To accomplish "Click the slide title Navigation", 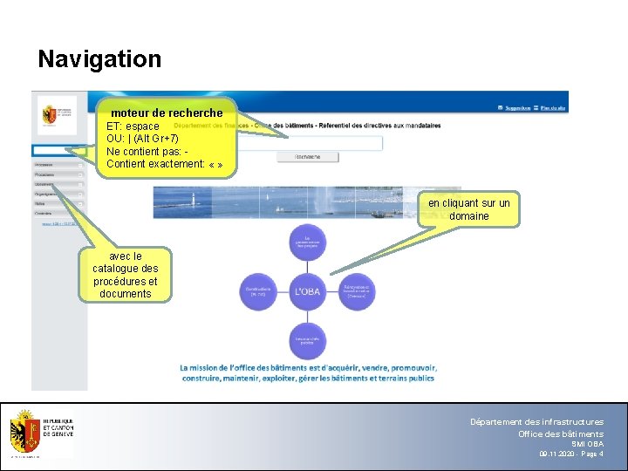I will tap(99, 59).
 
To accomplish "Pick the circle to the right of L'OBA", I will tap(356, 291).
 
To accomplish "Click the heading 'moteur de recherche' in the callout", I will tap(167, 113).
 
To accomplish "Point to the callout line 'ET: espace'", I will tap(133, 126).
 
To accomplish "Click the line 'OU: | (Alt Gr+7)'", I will tap(142, 139).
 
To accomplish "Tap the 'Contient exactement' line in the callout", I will tap(164, 164).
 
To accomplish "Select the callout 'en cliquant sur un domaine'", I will tap(469, 209).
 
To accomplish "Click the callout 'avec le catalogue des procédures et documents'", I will tap(126, 276).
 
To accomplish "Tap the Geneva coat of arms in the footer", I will tap(25, 434).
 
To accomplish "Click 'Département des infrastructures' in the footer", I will tap(536, 422).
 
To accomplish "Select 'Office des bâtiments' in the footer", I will tap(560, 433).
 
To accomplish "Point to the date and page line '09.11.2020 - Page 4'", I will tap(570, 454).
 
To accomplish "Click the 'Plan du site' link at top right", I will tap(553, 108).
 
